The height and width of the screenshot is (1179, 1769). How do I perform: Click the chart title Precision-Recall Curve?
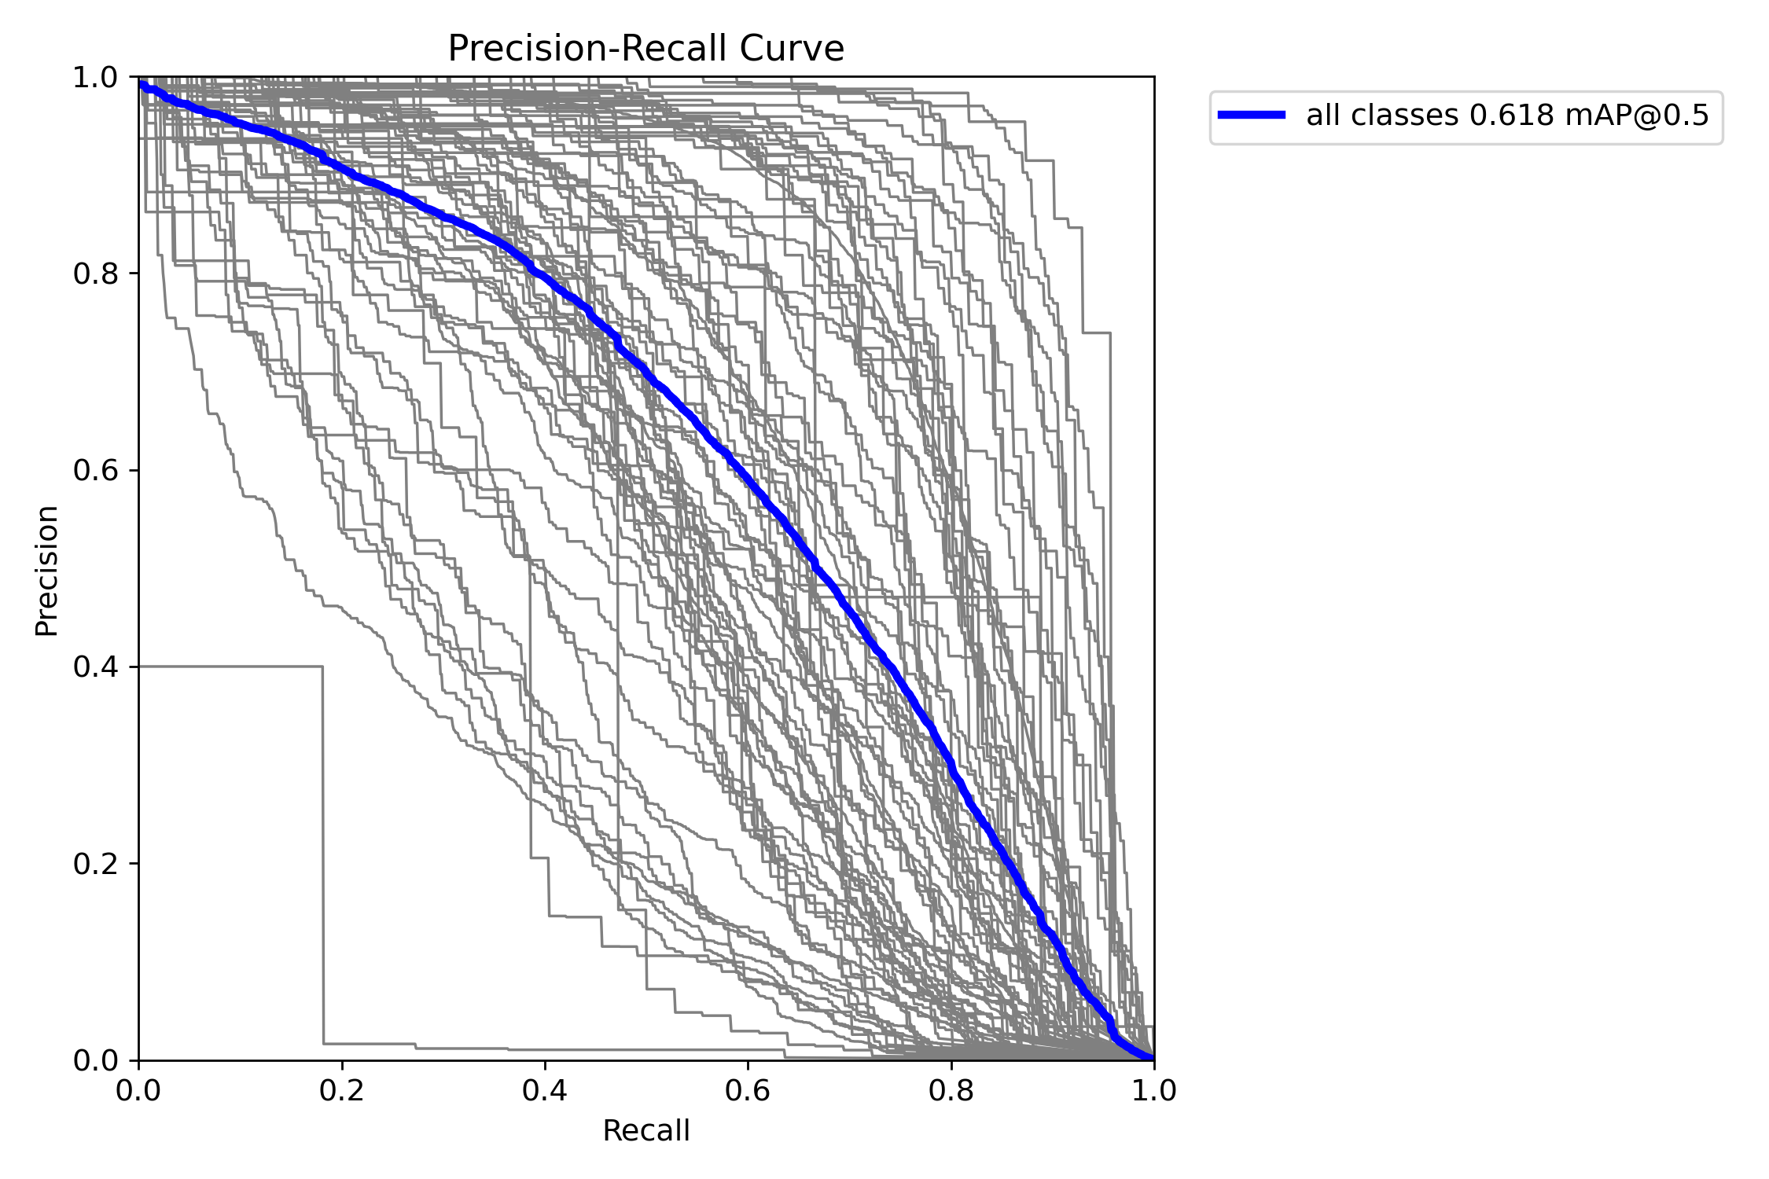[x=645, y=49]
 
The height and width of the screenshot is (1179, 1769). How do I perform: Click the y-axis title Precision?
[x=47, y=571]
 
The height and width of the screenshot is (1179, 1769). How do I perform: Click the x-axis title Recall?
[x=645, y=1131]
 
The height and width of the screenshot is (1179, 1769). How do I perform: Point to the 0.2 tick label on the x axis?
[x=342, y=1090]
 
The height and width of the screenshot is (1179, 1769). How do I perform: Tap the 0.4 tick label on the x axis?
[x=545, y=1090]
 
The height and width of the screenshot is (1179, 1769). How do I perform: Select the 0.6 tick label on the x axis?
[x=748, y=1090]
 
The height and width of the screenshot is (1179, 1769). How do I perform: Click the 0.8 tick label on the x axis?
[x=951, y=1090]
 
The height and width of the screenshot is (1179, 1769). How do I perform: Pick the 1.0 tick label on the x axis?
[x=1153, y=1090]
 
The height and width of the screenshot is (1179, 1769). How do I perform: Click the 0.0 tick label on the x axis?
[x=139, y=1090]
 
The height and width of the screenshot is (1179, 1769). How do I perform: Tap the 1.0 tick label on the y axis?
[x=95, y=78]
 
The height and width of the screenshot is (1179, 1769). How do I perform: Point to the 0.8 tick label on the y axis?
[x=95, y=274]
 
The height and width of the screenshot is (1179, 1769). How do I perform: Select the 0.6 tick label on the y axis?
[x=95, y=471]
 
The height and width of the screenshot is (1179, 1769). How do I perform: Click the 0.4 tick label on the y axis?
[x=95, y=667]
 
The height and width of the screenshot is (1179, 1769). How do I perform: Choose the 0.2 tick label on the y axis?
[x=95, y=864]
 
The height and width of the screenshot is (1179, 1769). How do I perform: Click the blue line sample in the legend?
[x=1252, y=116]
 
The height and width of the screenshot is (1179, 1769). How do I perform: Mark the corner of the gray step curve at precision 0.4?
[x=322, y=667]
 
